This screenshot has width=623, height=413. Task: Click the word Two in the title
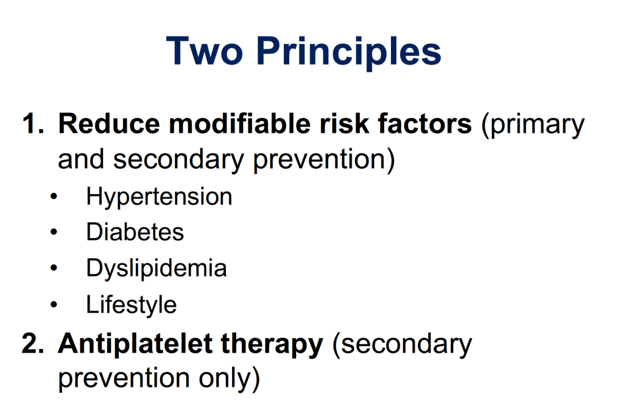pyautogui.click(x=204, y=51)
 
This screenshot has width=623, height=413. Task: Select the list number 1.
pyautogui.click(x=33, y=124)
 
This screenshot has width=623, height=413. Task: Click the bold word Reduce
pyautogui.click(x=109, y=124)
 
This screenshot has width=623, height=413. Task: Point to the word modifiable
pyautogui.click(x=239, y=124)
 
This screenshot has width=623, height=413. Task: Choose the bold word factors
pyautogui.click(x=424, y=124)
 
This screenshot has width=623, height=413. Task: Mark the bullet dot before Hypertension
pyautogui.click(x=54, y=196)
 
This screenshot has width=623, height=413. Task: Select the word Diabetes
pyautogui.click(x=135, y=231)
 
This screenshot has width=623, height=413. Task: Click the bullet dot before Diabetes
pyautogui.click(x=54, y=231)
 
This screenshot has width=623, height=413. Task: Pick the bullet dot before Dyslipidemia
pyautogui.click(x=54, y=268)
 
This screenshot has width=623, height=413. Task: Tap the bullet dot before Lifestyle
pyautogui.click(x=54, y=305)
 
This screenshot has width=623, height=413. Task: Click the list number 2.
pyautogui.click(x=32, y=343)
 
